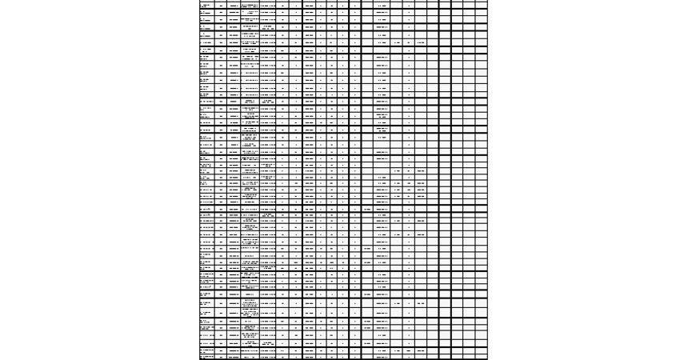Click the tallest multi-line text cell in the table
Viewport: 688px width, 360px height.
(x=250, y=304)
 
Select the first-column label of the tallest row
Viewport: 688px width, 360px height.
(x=207, y=304)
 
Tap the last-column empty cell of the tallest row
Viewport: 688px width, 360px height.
(x=481, y=304)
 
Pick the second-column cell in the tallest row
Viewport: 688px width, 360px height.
(x=221, y=304)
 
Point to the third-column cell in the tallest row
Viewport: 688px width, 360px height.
(x=234, y=304)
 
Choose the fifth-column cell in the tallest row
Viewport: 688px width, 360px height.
(x=268, y=304)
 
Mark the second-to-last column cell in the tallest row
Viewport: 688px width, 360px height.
(x=469, y=304)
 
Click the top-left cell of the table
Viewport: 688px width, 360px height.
(x=207, y=5)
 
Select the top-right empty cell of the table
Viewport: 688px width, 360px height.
(x=481, y=5)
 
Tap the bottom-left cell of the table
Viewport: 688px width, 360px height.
(x=207, y=357)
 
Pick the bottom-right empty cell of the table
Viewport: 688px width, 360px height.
(x=481, y=357)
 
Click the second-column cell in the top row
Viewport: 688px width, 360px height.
(x=221, y=5)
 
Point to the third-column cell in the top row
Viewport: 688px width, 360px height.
(x=234, y=5)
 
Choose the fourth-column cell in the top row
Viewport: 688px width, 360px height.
(x=250, y=5)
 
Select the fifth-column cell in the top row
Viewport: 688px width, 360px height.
(x=268, y=5)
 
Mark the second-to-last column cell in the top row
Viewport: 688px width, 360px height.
(x=469, y=5)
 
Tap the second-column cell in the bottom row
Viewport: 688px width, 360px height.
(x=221, y=357)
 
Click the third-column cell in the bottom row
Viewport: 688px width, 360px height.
(x=234, y=357)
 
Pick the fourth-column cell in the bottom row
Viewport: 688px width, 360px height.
(x=250, y=357)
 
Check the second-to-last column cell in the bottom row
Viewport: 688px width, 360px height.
(x=469, y=357)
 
